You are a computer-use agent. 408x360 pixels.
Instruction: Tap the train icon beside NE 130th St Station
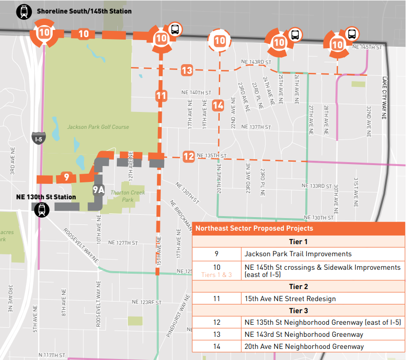click(42, 209)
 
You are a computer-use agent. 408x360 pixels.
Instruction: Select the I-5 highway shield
click(38, 138)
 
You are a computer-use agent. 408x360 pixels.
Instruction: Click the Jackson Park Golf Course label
click(98, 127)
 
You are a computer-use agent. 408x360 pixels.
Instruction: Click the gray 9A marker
click(98, 190)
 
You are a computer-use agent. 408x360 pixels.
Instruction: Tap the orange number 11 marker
click(161, 96)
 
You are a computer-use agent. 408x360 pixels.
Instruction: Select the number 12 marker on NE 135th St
click(189, 156)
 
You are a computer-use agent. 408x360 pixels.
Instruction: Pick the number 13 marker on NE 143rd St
click(187, 70)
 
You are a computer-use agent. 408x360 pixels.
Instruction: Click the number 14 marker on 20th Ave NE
click(218, 105)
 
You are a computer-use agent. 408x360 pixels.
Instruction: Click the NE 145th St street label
click(367, 47)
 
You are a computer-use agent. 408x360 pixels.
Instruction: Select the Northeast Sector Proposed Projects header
click(254, 228)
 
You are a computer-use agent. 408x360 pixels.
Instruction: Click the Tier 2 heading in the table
click(298, 287)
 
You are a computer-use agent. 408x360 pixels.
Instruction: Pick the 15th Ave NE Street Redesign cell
click(290, 299)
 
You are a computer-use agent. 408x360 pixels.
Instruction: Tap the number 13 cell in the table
click(216, 334)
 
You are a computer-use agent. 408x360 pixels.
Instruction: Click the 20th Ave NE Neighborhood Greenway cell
click(304, 346)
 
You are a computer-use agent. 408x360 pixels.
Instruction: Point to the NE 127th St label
click(123, 243)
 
